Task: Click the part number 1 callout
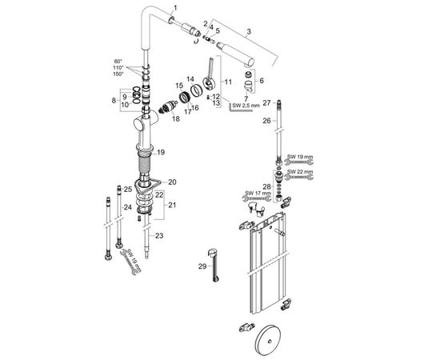click(x=175, y=8)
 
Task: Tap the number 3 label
click(x=249, y=32)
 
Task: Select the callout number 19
click(x=161, y=153)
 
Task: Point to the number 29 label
click(x=202, y=266)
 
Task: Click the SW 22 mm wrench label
click(x=299, y=171)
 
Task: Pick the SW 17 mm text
click(x=258, y=193)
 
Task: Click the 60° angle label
click(x=118, y=61)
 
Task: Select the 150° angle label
click(x=118, y=74)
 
